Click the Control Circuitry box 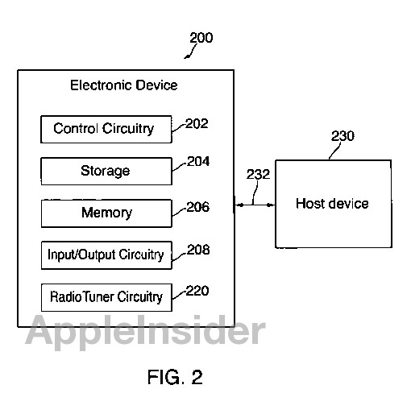click(x=106, y=129)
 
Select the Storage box click(x=106, y=171)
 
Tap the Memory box click(x=106, y=213)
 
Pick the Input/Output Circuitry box click(x=106, y=255)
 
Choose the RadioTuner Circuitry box click(x=106, y=297)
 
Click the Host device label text click(x=332, y=204)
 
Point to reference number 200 click(x=201, y=38)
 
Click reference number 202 click(x=197, y=124)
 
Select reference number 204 click(x=198, y=161)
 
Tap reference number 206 click(x=198, y=207)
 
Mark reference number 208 click(x=198, y=250)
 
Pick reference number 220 click(x=197, y=291)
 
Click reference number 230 click(x=342, y=136)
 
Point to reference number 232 click(x=258, y=174)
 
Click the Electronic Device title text click(x=124, y=85)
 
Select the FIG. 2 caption click(x=175, y=377)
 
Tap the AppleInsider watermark click(x=145, y=330)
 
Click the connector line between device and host click(x=255, y=205)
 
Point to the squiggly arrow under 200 click(x=190, y=52)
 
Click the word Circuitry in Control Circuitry click(x=128, y=129)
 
